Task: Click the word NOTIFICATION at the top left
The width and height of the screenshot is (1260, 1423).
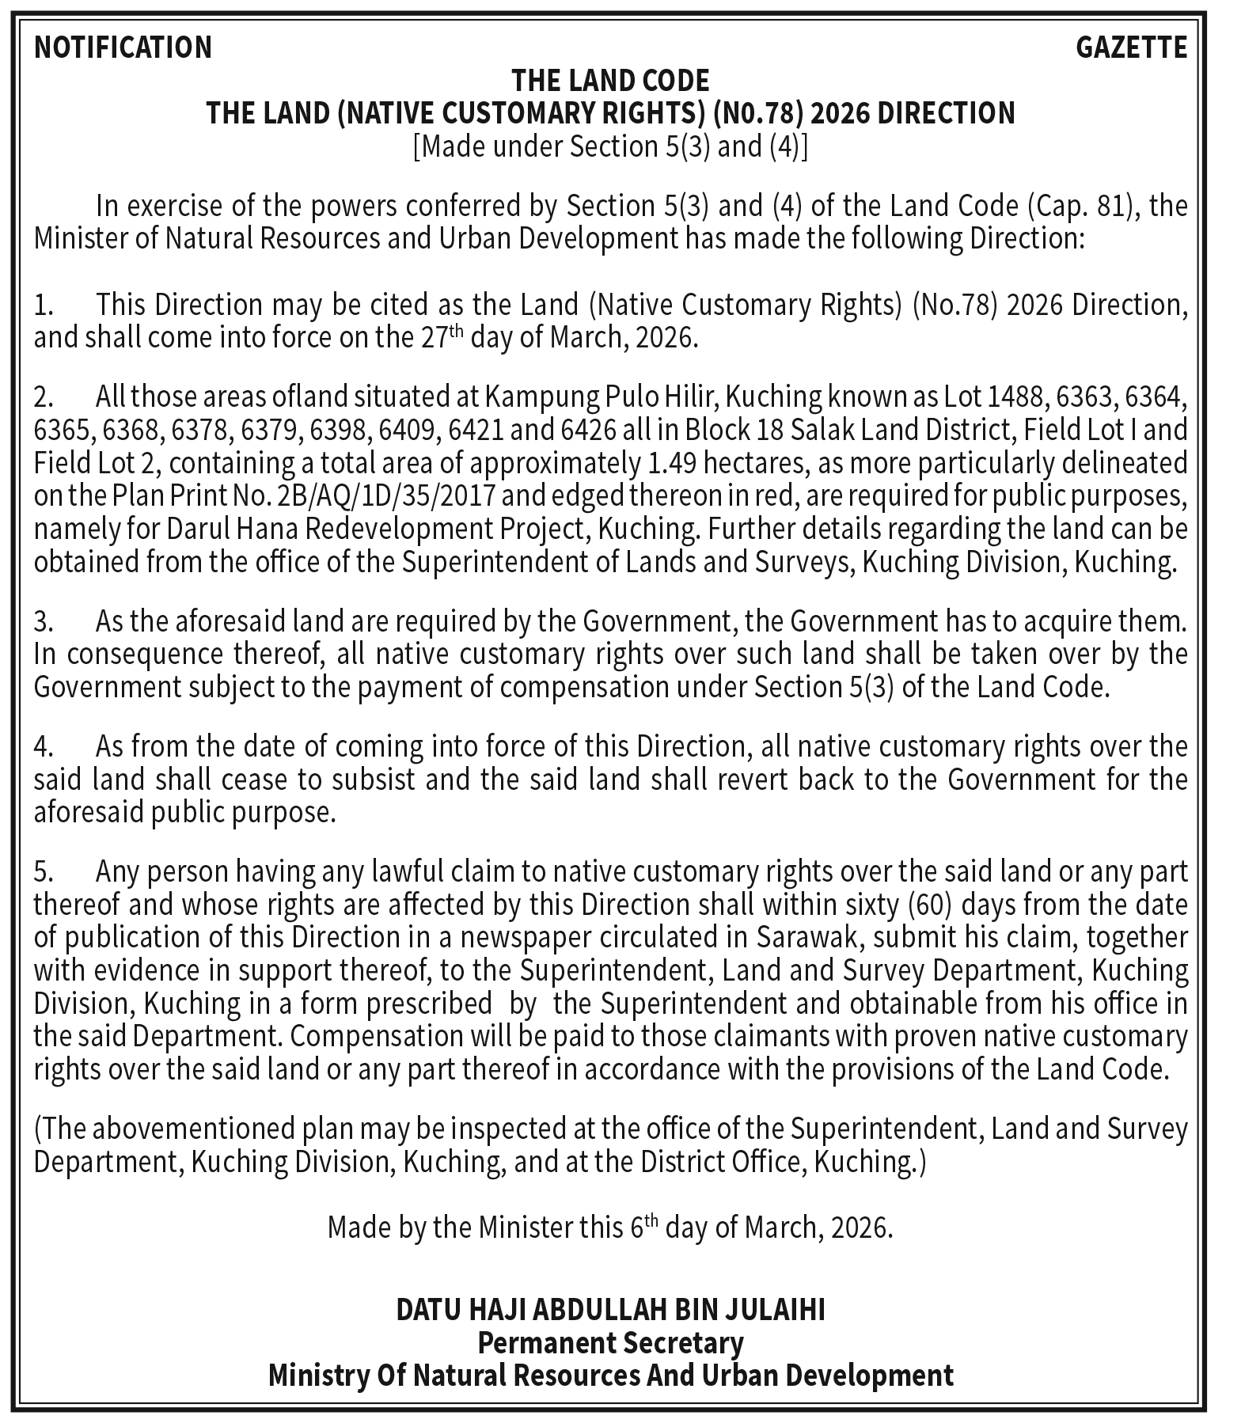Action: pyautogui.click(x=123, y=47)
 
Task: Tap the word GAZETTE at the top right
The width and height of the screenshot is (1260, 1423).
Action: pyautogui.click(x=1131, y=47)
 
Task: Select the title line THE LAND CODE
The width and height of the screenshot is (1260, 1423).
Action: pyautogui.click(x=610, y=81)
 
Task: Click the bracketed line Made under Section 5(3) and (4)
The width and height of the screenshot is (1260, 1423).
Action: pyautogui.click(x=610, y=147)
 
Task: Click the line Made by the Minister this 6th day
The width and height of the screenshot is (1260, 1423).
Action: pyautogui.click(x=610, y=1228)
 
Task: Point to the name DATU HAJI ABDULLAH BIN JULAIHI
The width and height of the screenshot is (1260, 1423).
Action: pyautogui.click(x=610, y=1311)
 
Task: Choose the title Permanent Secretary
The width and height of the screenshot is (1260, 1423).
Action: pyautogui.click(x=610, y=1343)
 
